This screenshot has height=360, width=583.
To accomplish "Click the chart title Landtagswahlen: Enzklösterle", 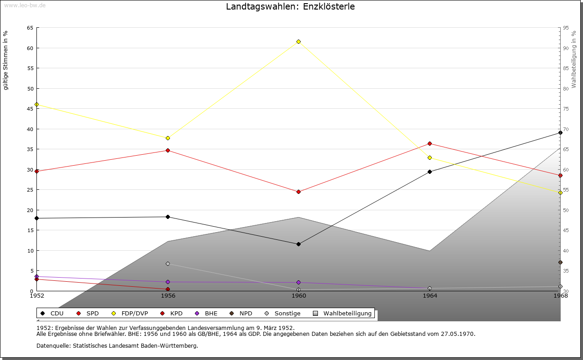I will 290,7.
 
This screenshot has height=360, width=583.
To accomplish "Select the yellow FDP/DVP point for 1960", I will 299,42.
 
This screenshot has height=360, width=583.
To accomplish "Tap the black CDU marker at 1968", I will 560,133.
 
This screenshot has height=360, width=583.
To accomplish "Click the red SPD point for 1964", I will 430,144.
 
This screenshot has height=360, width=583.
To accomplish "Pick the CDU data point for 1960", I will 299,244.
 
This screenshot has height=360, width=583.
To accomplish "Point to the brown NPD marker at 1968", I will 560,263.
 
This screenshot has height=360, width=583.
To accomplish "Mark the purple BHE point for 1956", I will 168,282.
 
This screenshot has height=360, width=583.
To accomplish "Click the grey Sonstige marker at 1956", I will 168,264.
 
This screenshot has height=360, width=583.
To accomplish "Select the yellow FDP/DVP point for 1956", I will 168,138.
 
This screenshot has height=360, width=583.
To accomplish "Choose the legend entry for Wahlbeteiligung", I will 347,314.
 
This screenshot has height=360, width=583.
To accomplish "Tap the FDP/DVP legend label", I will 134,314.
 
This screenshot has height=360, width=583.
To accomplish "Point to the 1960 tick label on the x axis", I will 299,296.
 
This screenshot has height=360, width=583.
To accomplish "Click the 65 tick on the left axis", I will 30,28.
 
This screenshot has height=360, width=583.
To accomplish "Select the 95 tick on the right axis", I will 566,28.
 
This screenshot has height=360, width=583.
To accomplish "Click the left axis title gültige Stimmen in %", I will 6,60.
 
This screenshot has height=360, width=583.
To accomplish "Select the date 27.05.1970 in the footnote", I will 459,334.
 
